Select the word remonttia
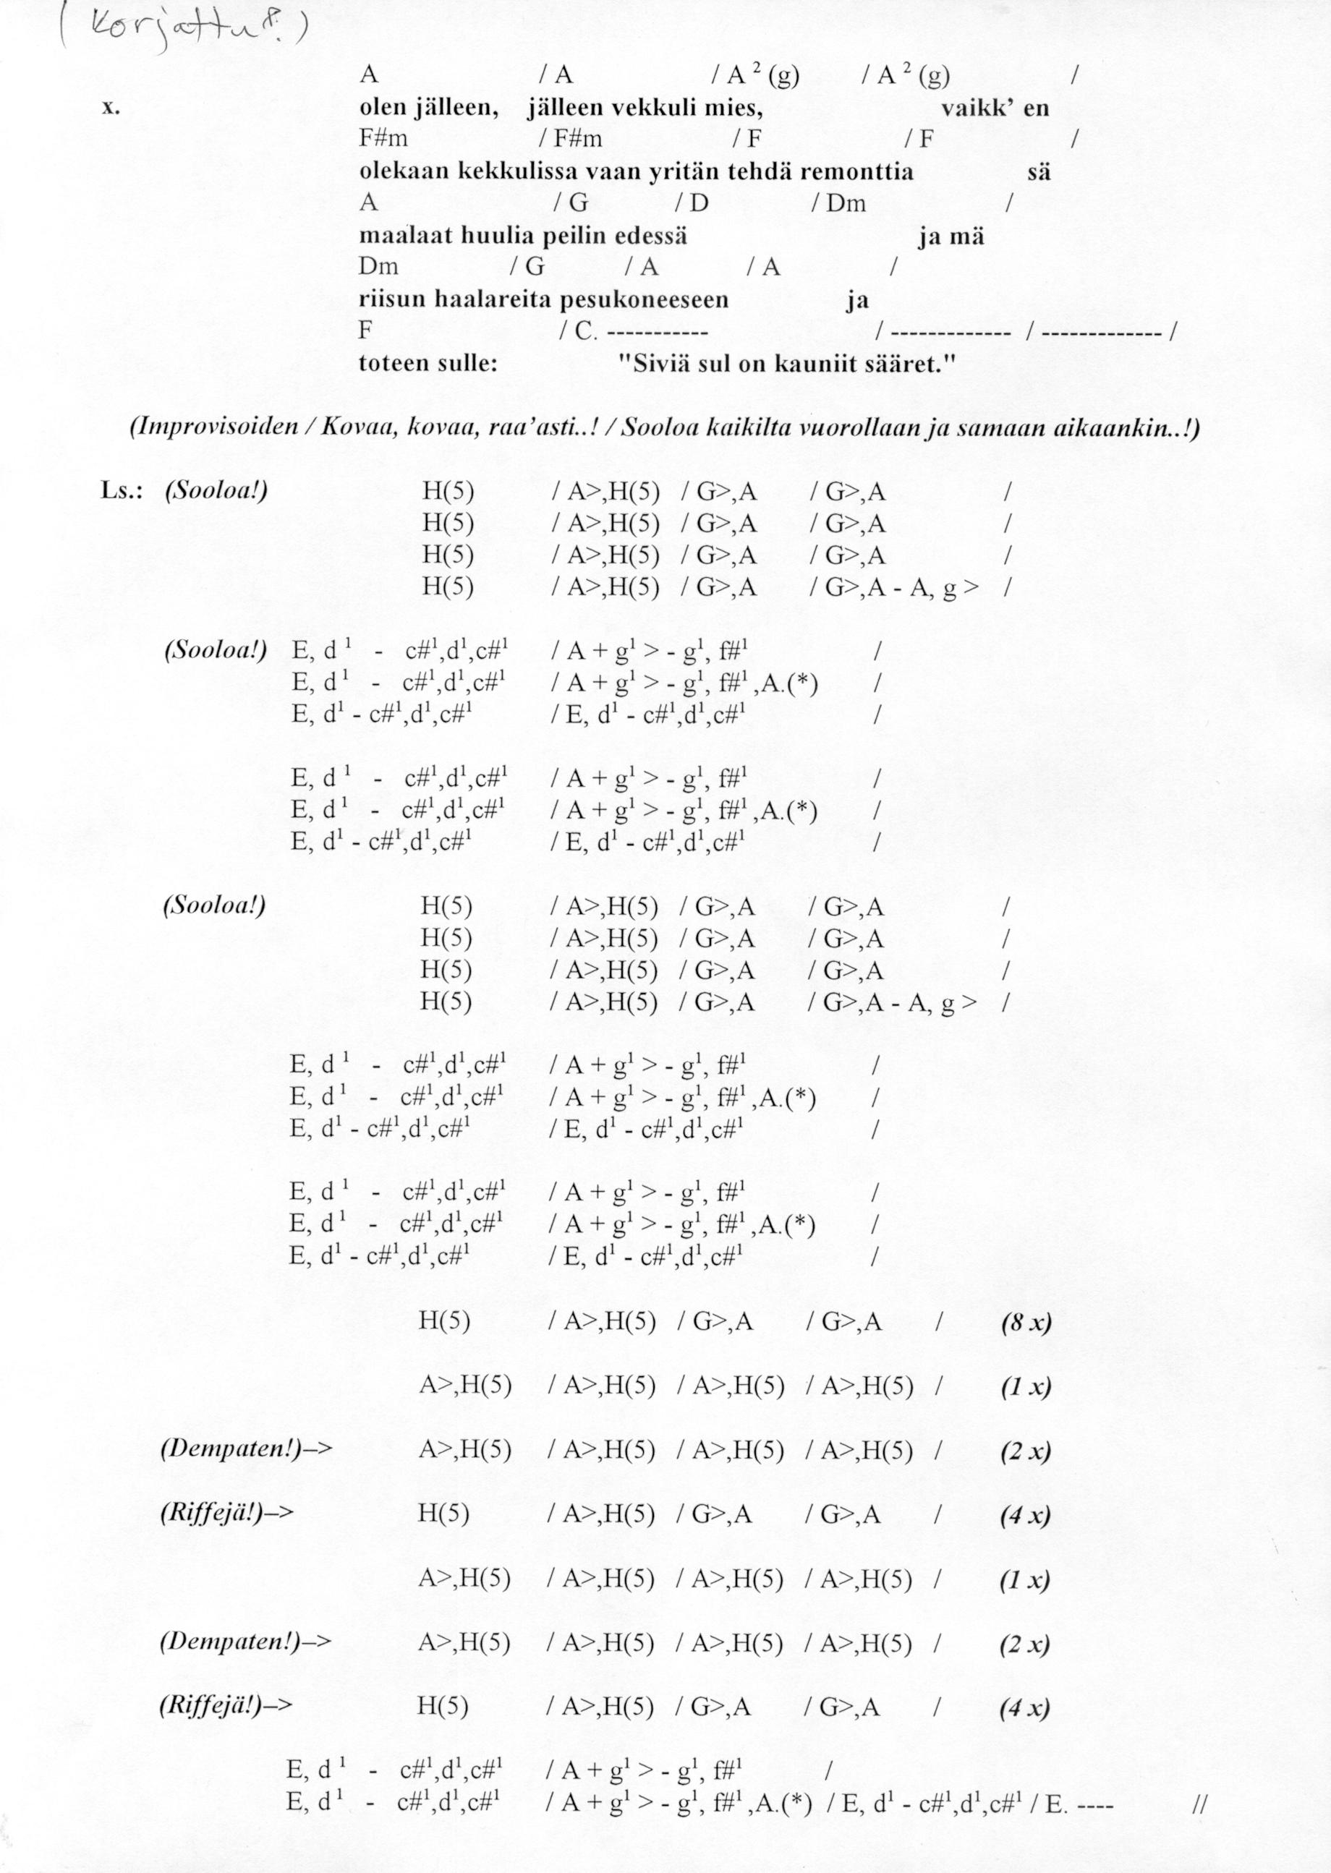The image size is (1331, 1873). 856,172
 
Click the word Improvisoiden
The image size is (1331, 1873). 213,430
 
